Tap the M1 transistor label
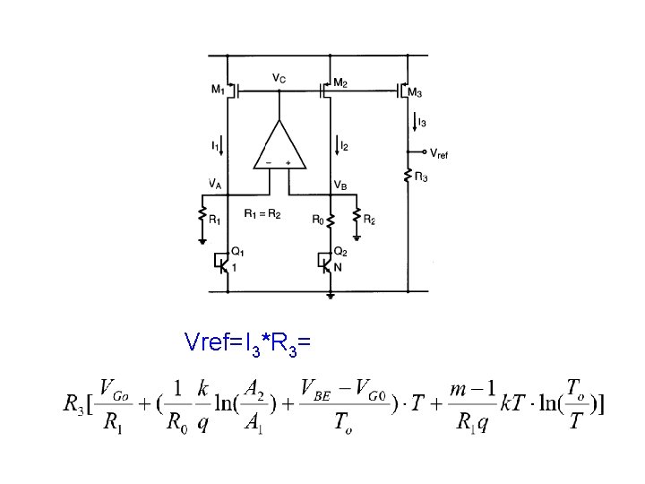click(x=219, y=90)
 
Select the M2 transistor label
click(x=340, y=83)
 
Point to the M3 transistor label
click(x=415, y=93)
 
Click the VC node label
click(x=279, y=79)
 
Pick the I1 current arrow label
click(x=215, y=144)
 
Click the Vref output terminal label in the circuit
click(x=438, y=154)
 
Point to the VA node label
click(x=216, y=185)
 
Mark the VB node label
click(x=341, y=185)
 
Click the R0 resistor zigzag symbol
click(x=331, y=218)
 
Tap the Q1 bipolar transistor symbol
click(x=224, y=263)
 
